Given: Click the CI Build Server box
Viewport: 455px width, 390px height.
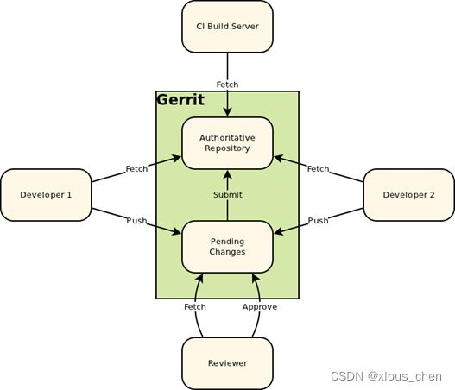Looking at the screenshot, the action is point(228,27).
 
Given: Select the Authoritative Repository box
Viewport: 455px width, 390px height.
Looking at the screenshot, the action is point(228,143).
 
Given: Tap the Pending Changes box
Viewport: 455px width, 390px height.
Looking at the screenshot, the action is point(228,247).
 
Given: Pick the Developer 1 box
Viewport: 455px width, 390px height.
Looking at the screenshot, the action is point(46,195).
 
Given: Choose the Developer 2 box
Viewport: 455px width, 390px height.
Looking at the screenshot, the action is point(409,195).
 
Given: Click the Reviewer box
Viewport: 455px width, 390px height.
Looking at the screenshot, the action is point(228,363).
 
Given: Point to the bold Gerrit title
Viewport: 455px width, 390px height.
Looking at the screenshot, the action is point(180,100).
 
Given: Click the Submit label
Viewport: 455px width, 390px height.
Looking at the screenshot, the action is point(228,194).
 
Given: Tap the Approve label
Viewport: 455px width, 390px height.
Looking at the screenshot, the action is point(260,307).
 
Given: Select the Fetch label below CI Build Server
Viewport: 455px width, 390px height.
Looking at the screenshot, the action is point(228,85).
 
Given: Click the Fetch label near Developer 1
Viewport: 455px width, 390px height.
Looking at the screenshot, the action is point(136,169).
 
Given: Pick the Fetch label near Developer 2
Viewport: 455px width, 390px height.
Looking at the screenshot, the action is point(319,169).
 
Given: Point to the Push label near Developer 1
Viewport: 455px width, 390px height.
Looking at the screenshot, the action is point(136,221).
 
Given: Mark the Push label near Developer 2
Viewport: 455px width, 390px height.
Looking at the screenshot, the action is point(319,221).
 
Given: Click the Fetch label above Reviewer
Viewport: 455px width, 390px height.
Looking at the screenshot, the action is point(195,307).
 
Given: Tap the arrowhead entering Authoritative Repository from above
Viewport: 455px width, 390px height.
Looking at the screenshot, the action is point(228,112).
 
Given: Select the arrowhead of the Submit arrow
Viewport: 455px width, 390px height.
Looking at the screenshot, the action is point(228,174).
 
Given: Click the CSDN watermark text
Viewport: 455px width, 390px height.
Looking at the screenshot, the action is point(386,376).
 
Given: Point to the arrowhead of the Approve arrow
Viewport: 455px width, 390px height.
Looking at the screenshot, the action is point(256,278).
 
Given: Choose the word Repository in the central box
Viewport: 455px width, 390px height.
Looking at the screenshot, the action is point(228,148).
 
